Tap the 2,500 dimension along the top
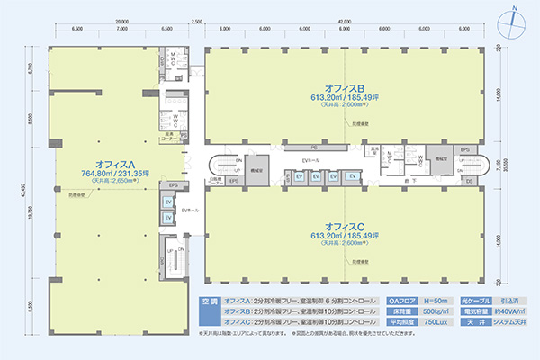196,20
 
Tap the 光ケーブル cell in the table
474,300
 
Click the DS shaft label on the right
468,181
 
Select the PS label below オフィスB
313,146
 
